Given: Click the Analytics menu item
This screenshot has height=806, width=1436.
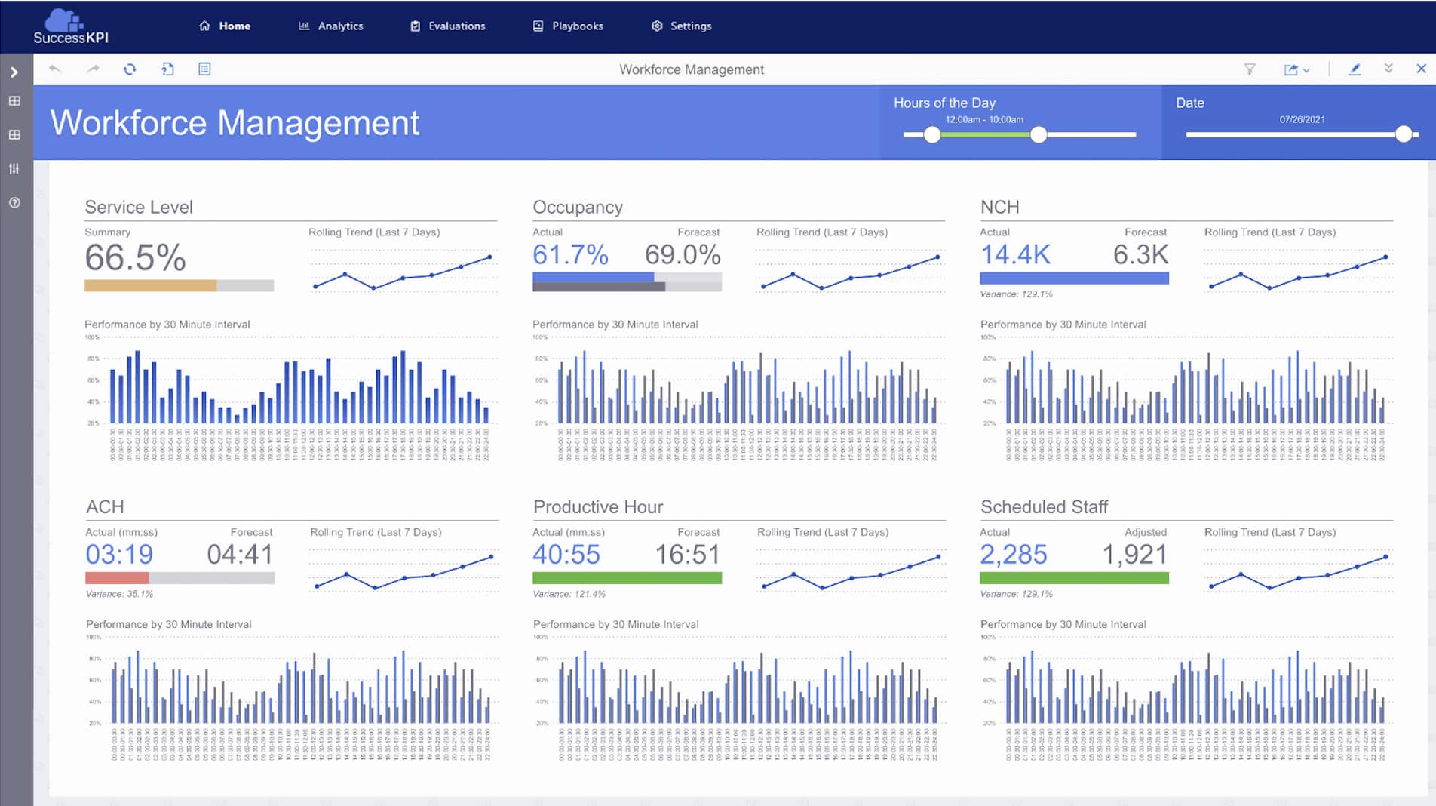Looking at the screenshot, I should [331, 26].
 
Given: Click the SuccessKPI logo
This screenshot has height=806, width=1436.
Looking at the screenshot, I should [70, 27].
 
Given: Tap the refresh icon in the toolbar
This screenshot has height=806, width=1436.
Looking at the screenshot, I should [130, 69].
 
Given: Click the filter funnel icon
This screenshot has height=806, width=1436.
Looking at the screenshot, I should [1250, 69].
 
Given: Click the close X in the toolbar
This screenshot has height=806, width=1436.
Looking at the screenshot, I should [1421, 69].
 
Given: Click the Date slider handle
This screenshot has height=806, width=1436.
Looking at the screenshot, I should [1403, 134].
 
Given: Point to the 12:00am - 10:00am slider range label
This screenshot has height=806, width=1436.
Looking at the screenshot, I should [984, 119].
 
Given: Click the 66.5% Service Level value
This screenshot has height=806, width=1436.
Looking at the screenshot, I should [135, 258].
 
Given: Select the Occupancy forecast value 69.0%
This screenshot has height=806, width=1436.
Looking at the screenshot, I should [683, 255].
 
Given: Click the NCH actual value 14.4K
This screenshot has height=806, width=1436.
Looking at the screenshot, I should [1015, 255].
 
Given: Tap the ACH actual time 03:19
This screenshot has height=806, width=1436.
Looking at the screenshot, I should [119, 555].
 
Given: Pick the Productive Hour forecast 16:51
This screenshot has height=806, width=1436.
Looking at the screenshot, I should [687, 555].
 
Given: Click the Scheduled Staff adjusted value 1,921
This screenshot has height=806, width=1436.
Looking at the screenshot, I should [1134, 555].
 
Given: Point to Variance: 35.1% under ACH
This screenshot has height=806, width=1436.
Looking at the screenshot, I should [119, 594].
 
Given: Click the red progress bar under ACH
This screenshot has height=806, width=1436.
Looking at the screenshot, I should [117, 578].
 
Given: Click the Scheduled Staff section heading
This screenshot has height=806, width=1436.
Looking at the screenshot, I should [1044, 507].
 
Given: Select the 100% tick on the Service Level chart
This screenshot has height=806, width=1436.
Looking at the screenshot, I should [91, 337].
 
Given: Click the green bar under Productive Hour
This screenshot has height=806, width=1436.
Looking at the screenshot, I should [627, 578].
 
